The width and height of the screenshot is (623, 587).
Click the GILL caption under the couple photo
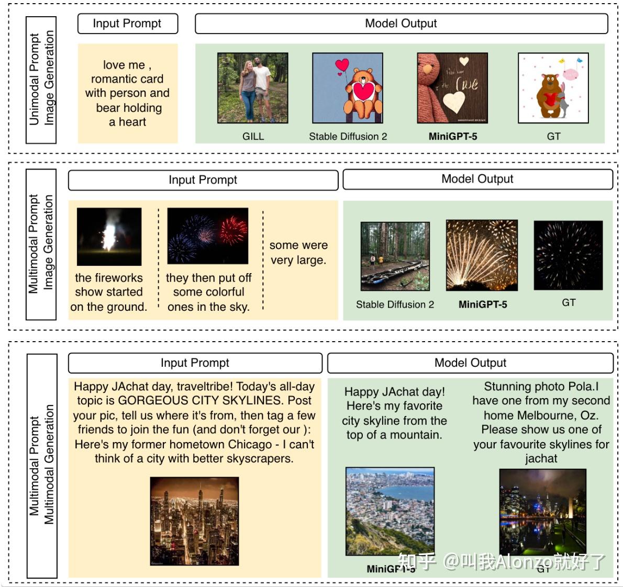253,137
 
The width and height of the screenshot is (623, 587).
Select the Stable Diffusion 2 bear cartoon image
348,88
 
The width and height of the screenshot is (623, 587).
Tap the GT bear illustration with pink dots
553,88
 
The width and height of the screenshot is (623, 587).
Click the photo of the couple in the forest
252,88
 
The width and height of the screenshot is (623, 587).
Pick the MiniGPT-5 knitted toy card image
452,88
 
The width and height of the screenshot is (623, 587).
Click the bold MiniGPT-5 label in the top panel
453,137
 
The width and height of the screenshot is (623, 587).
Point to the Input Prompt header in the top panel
127,24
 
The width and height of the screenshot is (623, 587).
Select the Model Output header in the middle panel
477,179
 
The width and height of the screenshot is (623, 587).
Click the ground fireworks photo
109,236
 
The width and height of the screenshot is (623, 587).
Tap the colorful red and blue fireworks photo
208,236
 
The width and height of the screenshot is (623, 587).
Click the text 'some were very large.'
298,253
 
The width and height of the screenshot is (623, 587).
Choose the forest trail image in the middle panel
395,256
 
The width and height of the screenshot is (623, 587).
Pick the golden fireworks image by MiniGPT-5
482,255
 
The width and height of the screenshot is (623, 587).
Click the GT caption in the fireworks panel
569,302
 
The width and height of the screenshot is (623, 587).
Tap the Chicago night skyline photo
194,521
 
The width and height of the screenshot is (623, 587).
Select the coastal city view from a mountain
390,511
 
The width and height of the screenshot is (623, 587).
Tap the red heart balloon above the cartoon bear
342,65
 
